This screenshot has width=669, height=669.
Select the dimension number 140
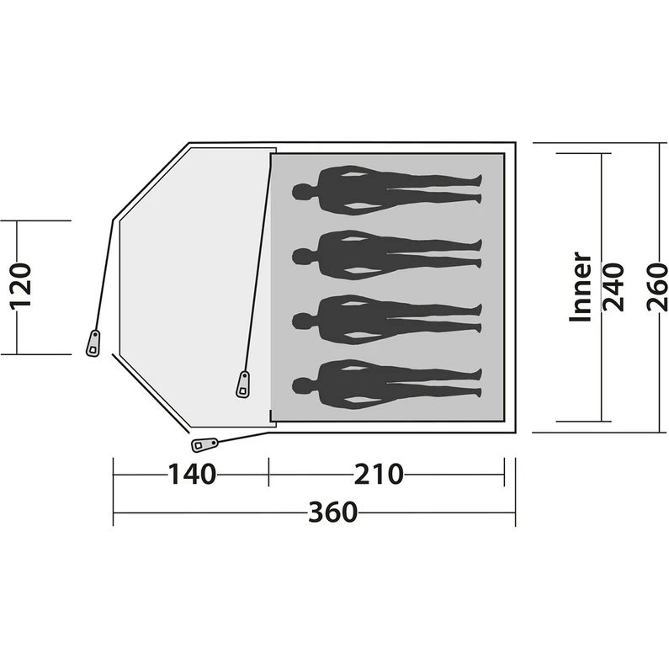(x=191, y=474)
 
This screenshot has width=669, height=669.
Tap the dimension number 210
(x=379, y=474)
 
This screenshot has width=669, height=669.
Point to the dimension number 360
(x=332, y=512)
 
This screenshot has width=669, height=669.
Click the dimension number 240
(x=613, y=287)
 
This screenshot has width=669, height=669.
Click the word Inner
(x=581, y=287)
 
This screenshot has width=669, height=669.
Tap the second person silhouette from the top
(x=387, y=253)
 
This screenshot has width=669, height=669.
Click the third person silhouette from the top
(x=387, y=319)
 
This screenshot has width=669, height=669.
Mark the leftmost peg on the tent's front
(x=93, y=343)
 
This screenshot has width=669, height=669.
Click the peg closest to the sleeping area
(x=243, y=384)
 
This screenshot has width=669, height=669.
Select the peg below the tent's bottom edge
(x=204, y=443)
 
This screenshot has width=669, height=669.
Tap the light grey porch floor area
(x=189, y=278)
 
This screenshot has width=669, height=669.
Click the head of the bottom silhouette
(x=300, y=385)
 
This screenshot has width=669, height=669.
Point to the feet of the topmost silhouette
(x=477, y=188)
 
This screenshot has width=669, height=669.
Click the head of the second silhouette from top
(x=300, y=254)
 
